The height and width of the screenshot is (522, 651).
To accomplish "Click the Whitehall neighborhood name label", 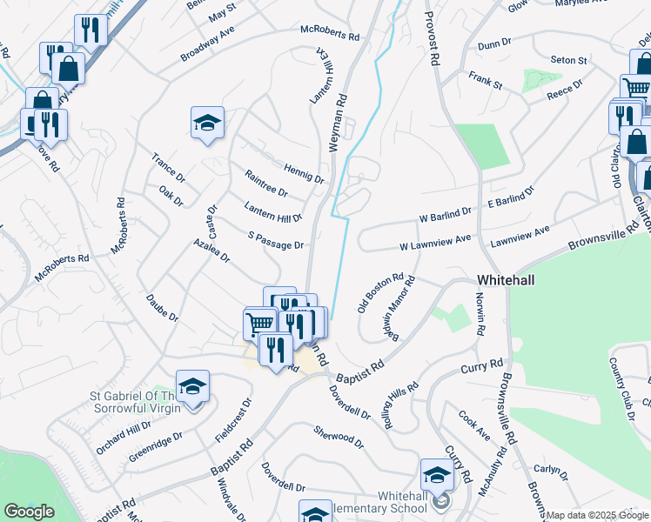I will point(506,280).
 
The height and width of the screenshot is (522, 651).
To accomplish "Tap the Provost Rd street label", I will point(429,39).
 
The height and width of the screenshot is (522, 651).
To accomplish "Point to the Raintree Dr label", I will point(266,184).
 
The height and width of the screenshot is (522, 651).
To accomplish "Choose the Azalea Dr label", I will point(211,251).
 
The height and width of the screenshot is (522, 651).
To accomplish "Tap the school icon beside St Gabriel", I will point(192,385).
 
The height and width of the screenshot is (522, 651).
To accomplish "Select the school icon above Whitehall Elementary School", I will point(437,474).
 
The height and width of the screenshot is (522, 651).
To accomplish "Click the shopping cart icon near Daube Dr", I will point(259,324).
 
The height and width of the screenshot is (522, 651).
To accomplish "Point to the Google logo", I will point(30,512).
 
